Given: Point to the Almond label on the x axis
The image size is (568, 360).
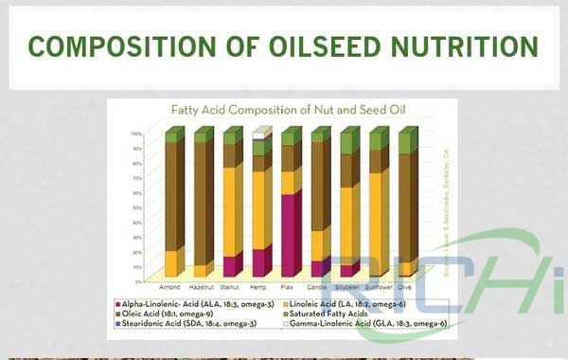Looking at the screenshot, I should click(170, 285).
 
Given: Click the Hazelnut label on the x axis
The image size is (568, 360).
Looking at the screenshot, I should click(200, 285).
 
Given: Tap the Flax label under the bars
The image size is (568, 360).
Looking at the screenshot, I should click(288, 285).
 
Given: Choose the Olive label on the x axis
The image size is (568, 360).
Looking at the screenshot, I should click(404, 285).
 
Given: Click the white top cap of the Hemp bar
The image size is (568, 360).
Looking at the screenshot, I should click(258, 134).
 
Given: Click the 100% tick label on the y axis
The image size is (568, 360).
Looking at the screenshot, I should click(136, 134).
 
